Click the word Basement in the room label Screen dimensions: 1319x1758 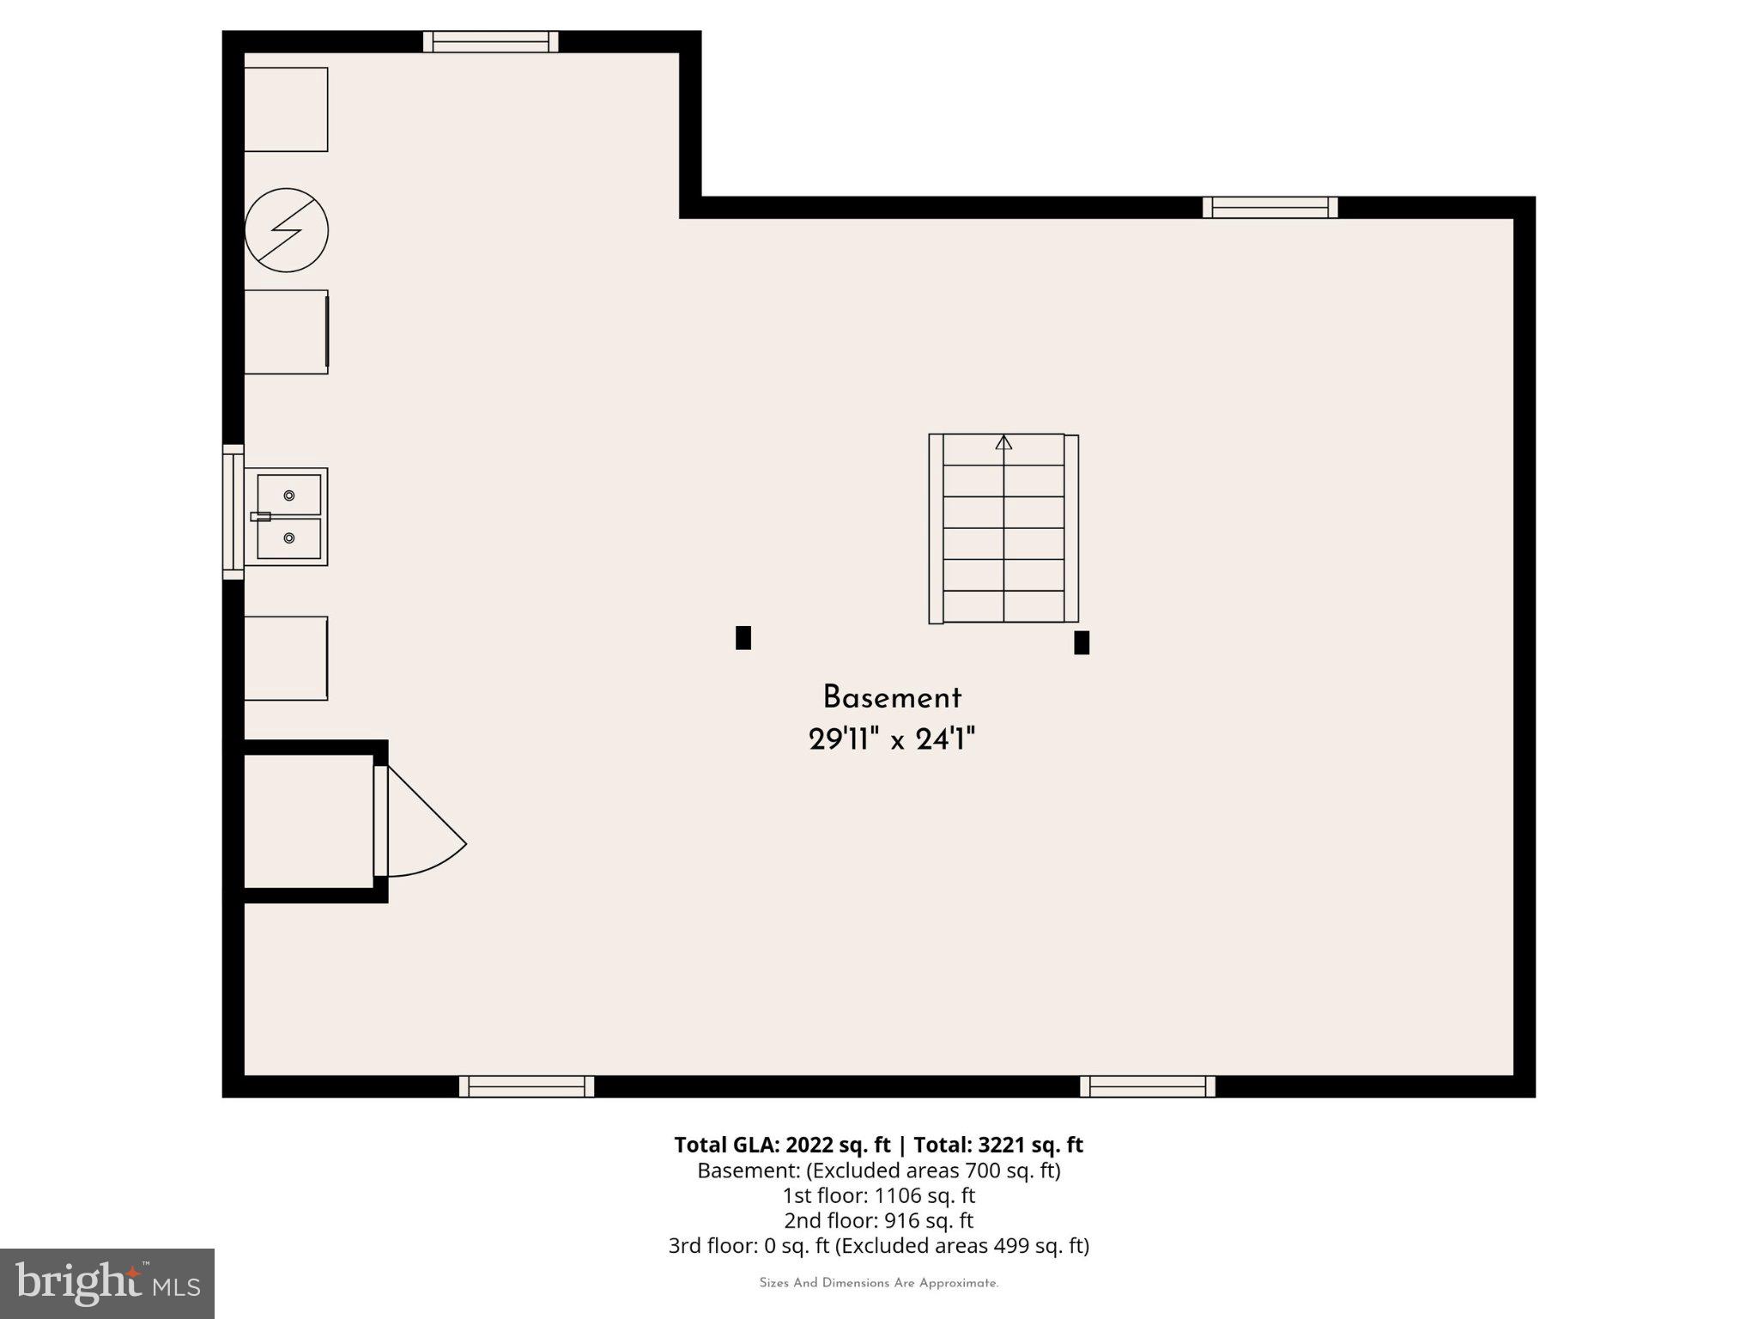pyautogui.click(x=892, y=697)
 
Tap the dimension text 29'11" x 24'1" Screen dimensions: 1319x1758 pyautogui.click(x=892, y=739)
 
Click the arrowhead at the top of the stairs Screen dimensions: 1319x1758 pyautogui.click(x=1003, y=443)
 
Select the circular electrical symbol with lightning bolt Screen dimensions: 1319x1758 pyautogui.click(x=287, y=230)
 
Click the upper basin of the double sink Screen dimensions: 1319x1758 pyautogui.click(x=289, y=495)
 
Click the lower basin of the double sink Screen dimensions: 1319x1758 pyautogui.click(x=289, y=538)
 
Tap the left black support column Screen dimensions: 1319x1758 pyautogui.click(x=743, y=638)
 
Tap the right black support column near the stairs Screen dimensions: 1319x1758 pyautogui.click(x=1082, y=642)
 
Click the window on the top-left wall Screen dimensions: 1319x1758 pyautogui.click(x=491, y=41)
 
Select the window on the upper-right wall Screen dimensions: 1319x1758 pyautogui.click(x=1270, y=207)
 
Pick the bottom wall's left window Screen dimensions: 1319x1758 pyautogui.click(x=526, y=1086)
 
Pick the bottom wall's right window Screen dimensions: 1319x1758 pyautogui.click(x=1148, y=1086)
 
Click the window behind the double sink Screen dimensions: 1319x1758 pyautogui.click(x=233, y=513)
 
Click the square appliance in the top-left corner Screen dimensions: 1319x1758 pyautogui.click(x=286, y=110)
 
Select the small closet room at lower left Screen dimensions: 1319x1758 pyautogui.click(x=308, y=821)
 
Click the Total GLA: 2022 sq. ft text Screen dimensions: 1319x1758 pyautogui.click(x=782, y=1145)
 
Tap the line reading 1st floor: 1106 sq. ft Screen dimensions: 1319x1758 pyautogui.click(x=878, y=1195)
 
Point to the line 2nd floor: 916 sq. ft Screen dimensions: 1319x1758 pyautogui.click(x=878, y=1220)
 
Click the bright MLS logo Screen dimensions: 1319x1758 pyautogui.click(x=107, y=1283)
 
